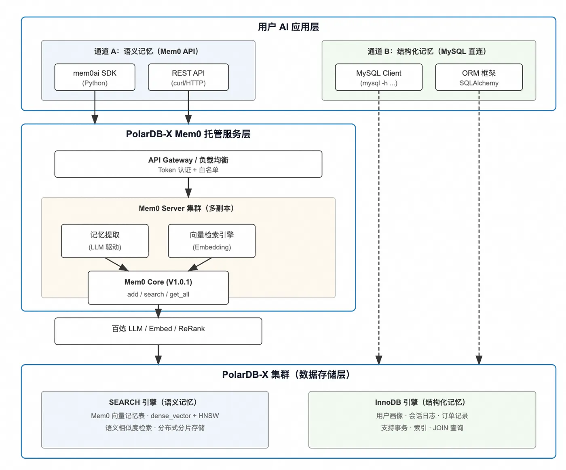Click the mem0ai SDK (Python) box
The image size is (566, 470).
coord(95,77)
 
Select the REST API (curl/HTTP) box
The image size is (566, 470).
coord(188,77)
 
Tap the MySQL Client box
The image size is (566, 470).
coord(378,77)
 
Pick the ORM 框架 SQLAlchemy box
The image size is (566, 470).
coord(479,77)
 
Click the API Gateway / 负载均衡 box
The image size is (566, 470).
coord(188,164)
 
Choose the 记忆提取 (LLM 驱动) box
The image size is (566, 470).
coord(105,241)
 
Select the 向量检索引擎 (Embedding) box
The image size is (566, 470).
coord(211,241)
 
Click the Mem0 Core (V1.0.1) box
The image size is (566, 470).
coord(158,288)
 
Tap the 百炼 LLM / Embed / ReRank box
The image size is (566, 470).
coord(158,331)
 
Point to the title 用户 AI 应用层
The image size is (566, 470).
coord(288,27)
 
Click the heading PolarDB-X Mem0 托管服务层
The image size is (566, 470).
coord(188,134)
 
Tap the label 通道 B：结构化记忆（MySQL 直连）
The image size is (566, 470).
coord(427,51)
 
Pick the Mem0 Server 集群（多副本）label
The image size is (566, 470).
coord(186,208)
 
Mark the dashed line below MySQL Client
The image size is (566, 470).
coord(379,227)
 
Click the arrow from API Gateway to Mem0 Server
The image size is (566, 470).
coord(188,188)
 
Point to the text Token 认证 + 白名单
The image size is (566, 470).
coord(188,170)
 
